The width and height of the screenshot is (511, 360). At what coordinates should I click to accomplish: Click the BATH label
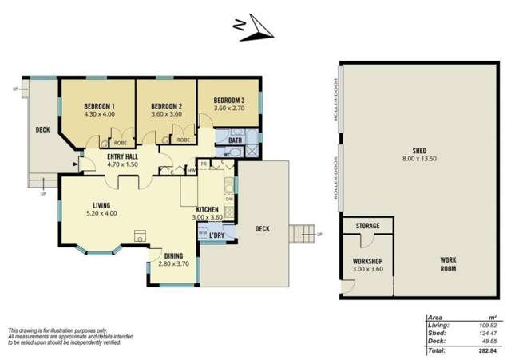(x=235, y=140)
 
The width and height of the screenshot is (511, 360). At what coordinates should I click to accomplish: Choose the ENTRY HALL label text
(x=123, y=156)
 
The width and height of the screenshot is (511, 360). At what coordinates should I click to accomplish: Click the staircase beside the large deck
(x=302, y=234)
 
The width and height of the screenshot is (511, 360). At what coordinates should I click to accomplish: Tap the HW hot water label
(x=192, y=169)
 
